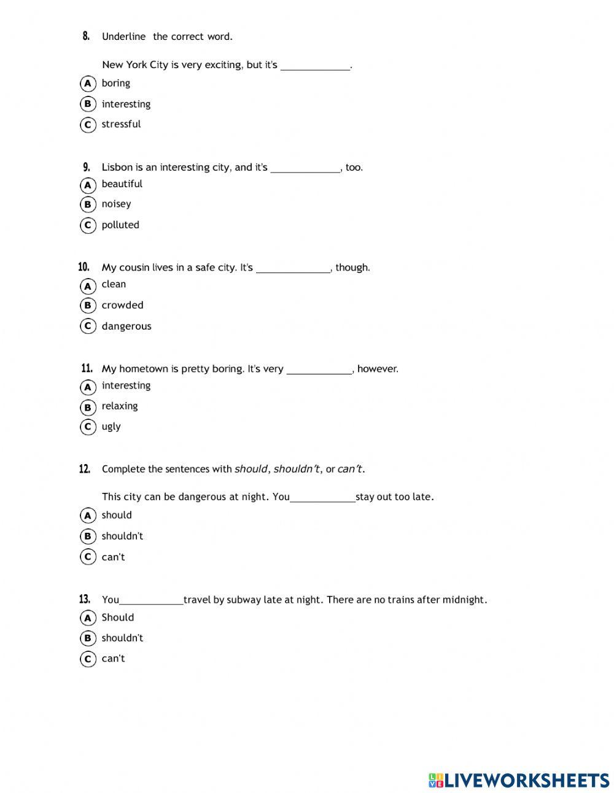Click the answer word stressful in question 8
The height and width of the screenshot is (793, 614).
coord(121,124)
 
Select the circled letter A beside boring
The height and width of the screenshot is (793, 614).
coord(88,83)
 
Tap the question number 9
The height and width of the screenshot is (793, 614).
coord(87,167)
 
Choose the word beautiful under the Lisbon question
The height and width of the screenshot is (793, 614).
coord(122,184)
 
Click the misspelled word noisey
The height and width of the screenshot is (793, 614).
coord(116,204)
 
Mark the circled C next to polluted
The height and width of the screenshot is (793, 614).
coord(88,225)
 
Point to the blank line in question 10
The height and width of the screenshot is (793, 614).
coord(293,270)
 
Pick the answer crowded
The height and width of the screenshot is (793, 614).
coord(122,305)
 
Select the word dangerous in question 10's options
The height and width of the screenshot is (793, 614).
coord(126,326)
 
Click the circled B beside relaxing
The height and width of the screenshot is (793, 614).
coord(88,407)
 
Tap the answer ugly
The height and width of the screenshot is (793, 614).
coord(111,427)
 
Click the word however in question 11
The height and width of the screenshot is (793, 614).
coord(377,369)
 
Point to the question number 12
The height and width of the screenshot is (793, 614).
coord(85,469)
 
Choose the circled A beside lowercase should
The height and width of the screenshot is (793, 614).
coord(88,516)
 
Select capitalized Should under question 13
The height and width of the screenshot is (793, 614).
coord(117,617)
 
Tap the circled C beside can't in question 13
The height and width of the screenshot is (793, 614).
coord(88,659)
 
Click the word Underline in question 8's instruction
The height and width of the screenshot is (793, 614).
coord(123,37)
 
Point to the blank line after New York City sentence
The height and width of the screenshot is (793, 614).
coord(315,68)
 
